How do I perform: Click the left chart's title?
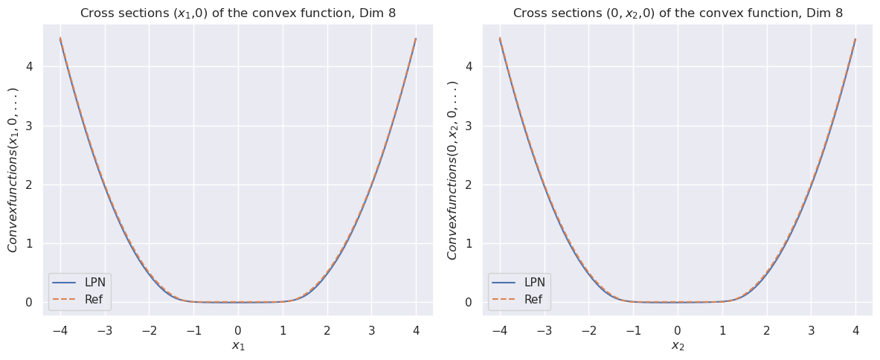pos(237,13)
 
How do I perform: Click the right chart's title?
pos(678,13)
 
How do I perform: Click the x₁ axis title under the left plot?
pos(238,346)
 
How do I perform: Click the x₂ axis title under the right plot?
pos(678,346)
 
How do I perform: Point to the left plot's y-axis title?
pos(13,170)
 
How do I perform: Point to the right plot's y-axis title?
pos(453,170)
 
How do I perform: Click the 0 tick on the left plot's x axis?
pos(238,330)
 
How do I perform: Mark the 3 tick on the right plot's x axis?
pos(811,330)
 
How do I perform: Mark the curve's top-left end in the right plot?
pos(500,38)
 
